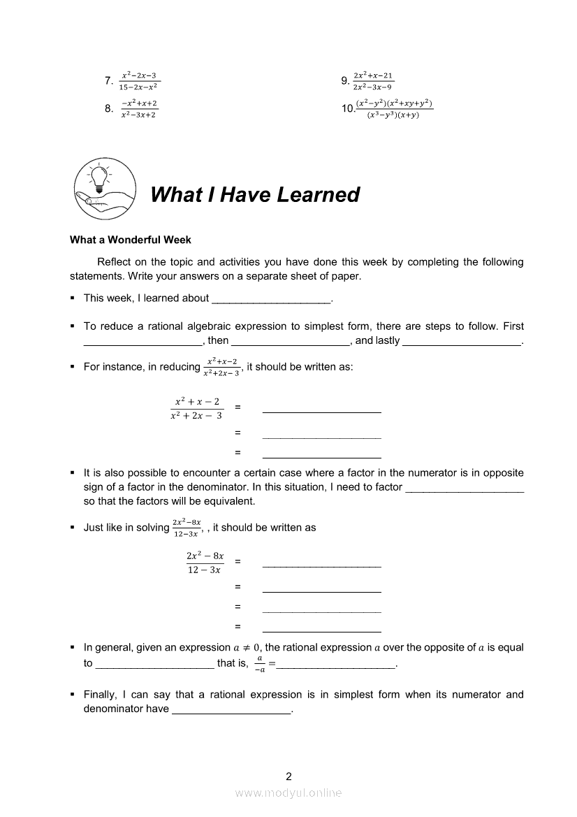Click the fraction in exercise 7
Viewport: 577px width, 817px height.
[x=138, y=81]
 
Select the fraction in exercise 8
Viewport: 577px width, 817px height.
[x=138, y=109]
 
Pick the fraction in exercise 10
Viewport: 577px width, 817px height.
[x=394, y=109]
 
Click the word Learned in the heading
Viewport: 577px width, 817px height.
[x=318, y=194]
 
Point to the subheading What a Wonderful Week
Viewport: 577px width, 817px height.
[x=130, y=240]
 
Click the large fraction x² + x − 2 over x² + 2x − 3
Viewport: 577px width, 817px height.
[x=197, y=408]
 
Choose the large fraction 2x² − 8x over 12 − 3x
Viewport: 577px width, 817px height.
[x=205, y=563]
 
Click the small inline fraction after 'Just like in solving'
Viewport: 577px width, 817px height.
[x=187, y=528]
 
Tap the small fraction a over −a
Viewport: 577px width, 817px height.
[x=259, y=664]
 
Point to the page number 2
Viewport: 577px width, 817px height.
[x=288, y=776]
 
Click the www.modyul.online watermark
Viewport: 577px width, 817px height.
[x=288, y=793]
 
